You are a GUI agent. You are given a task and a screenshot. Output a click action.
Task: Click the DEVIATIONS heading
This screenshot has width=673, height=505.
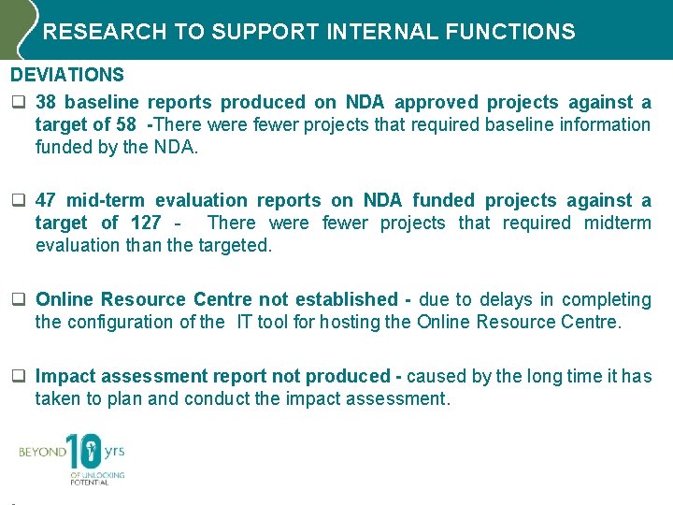(x=67, y=74)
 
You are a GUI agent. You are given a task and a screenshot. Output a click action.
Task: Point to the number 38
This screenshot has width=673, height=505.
(x=48, y=102)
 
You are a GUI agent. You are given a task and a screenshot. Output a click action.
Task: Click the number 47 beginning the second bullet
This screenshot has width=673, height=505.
(x=48, y=200)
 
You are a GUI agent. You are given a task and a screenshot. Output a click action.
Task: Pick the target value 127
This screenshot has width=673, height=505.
(x=144, y=223)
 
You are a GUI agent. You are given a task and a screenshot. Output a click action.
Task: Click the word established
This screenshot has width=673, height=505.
(x=338, y=299)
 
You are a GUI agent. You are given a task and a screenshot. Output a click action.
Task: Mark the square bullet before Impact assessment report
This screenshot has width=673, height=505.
(x=17, y=377)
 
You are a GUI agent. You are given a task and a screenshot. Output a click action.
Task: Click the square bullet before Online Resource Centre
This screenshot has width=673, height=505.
(x=17, y=300)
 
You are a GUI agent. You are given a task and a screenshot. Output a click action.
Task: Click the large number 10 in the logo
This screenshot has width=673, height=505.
(x=85, y=453)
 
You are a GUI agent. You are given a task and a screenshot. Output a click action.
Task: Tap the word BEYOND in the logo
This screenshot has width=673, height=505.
(x=42, y=453)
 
